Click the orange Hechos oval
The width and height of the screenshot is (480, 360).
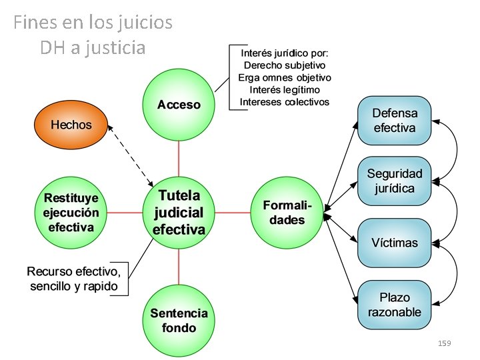pyautogui.click(x=71, y=125)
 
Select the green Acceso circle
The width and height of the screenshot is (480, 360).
pyautogui.click(x=179, y=105)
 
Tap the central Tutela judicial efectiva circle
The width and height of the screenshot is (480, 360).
pyautogui.click(x=179, y=213)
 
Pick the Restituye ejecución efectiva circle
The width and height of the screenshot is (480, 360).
pyautogui.click(x=71, y=213)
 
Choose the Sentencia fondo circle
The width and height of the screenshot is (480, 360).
pyautogui.click(x=179, y=320)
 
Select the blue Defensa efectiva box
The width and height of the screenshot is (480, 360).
pyautogui.click(x=395, y=121)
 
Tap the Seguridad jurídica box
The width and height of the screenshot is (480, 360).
pyautogui.click(x=395, y=181)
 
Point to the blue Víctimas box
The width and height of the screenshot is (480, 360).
pyautogui.click(x=395, y=242)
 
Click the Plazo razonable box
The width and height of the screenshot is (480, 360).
pyautogui.click(x=395, y=305)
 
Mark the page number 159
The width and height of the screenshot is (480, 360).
pyautogui.click(x=445, y=343)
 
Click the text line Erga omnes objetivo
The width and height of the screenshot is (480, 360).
pyautogui.click(x=285, y=77)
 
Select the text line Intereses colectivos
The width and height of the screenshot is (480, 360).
pyautogui.click(x=285, y=102)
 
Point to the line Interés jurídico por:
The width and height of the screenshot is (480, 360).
pyautogui.click(x=285, y=53)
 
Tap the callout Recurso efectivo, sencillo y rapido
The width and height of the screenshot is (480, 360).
pyautogui.click(x=74, y=279)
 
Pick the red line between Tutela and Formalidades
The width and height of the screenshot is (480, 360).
pyautogui.click(x=233, y=213)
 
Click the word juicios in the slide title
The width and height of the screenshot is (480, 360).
pyautogui.click(x=143, y=23)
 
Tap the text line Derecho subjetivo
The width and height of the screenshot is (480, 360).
pyautogui.click(x=285, y=65)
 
